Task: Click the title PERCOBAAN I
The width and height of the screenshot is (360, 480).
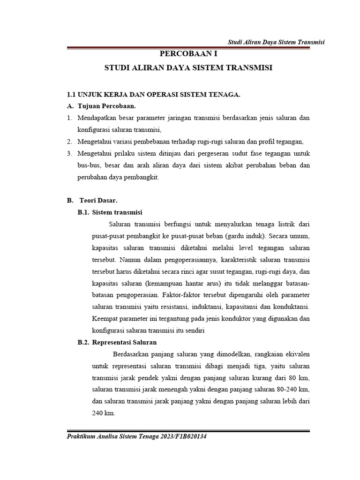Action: point(188,54)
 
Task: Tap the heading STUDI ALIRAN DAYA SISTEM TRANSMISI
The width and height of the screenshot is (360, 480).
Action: point(188,68)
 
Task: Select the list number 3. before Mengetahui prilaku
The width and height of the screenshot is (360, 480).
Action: point(69,154)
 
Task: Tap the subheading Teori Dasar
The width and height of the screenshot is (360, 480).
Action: point(95,201)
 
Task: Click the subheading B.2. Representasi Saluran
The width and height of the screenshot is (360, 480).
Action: point(117,342)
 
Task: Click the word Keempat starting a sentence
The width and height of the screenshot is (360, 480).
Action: point(105,319)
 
